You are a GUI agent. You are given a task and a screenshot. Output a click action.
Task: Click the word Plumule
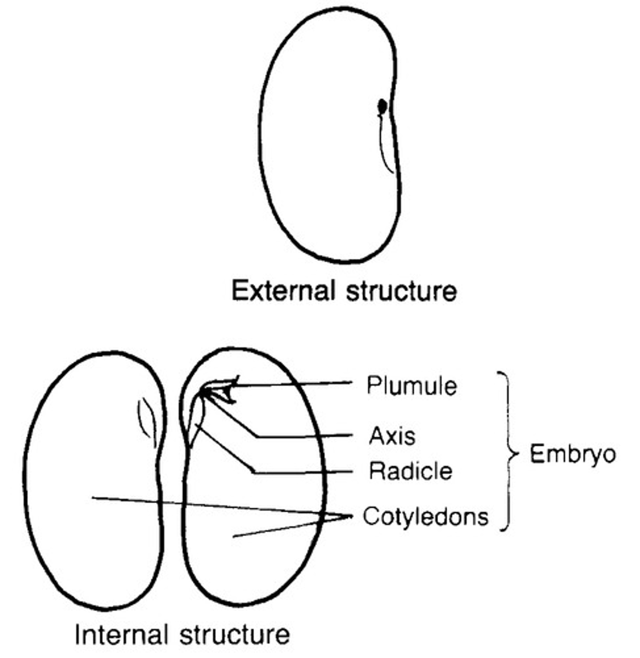tap(412, 386)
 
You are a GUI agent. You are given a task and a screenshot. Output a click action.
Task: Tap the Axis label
tap(392, 436)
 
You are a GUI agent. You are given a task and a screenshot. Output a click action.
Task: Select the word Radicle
tap(411, 471)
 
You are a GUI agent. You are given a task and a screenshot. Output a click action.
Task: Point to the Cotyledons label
tap(425, 517)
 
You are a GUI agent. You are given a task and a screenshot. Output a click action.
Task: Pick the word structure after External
tap(401, 291)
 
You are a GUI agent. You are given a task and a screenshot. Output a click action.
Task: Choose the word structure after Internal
tap(235, 635)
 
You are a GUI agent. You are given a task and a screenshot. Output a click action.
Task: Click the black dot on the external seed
tap(382, 105)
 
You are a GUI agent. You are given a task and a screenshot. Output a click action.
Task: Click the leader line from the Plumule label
tap(296, 384)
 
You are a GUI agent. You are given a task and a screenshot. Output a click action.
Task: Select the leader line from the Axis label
tap(307, 436)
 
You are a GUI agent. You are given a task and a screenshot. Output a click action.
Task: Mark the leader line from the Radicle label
tap(301, 472)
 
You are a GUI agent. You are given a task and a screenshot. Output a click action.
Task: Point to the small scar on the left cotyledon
tap(147, 419)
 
